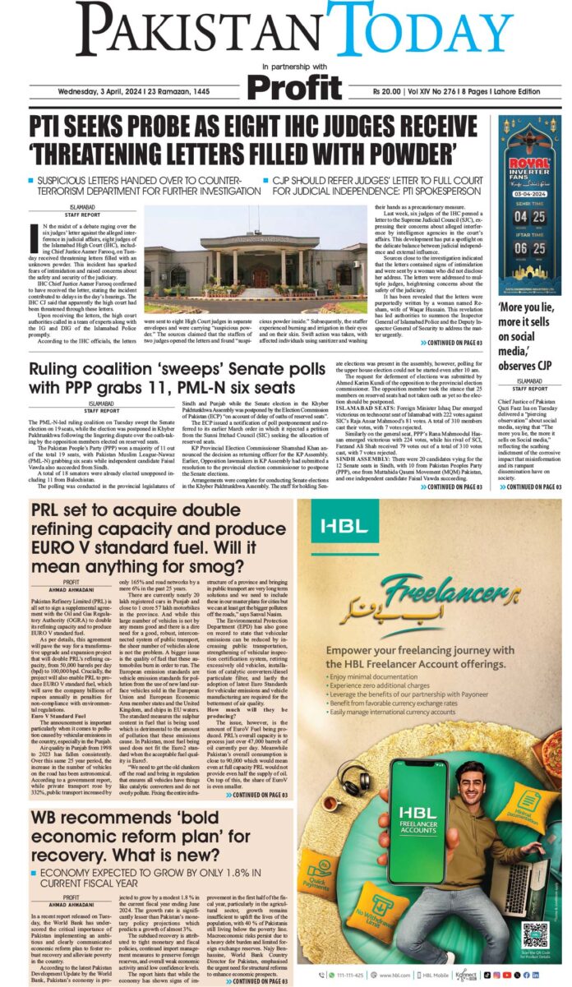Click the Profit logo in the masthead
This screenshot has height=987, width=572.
(294, 86)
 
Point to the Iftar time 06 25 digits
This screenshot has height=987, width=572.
(528, 247)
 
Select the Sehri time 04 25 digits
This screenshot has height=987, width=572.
(528, 218)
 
